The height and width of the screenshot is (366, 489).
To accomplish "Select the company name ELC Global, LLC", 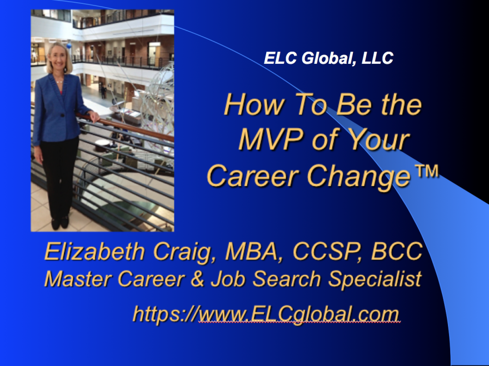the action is (x=328, y=58).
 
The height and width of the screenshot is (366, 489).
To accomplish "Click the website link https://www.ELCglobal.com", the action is (x=266, y=314).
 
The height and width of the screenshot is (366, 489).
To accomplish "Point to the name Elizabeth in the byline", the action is (x=94, y=251).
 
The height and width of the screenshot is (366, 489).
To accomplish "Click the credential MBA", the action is (x=251, y=251).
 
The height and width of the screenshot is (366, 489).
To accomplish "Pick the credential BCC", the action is (x=397, y=251).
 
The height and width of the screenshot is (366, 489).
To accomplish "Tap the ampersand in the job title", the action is (x=197, y=279).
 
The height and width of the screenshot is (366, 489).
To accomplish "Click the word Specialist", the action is (x=375, y=279).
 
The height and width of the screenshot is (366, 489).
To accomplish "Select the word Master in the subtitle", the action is (x=78, y=279).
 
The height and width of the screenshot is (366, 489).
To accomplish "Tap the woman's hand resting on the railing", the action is (x=94, y=116).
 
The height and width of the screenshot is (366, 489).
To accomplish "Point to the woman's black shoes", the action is (x=60, y=222).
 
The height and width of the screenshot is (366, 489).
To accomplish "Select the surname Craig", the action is (x=182, y=252).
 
